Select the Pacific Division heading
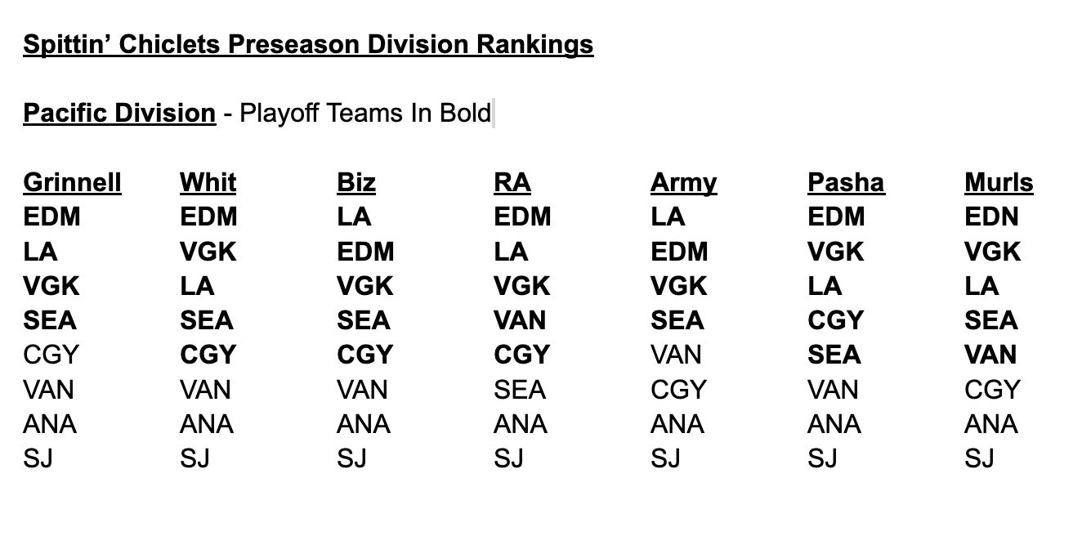click(119, 114)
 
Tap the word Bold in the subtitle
click(465, 113)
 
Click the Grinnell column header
click(72, 182)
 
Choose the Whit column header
click(208, 182)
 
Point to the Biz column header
click(356, 182)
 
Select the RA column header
click(512, 182)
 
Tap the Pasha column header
click(847, 182)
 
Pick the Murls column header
click(999, 182)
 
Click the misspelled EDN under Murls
click(991, 217)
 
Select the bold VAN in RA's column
click(520, 320)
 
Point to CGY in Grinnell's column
click(51, 355)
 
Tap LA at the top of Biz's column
click(354, 217)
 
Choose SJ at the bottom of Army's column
click(665, 458)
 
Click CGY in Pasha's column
click(836, 320)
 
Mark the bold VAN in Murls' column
click(990, 355)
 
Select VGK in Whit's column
click(208, 251)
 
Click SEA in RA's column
click(520, 389)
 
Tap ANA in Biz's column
click(363, 424)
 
